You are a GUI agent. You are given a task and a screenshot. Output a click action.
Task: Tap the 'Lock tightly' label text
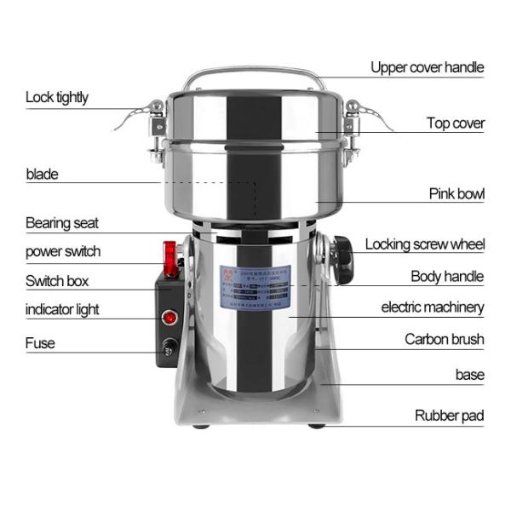56,97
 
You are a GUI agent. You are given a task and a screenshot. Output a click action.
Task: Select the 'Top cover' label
456,123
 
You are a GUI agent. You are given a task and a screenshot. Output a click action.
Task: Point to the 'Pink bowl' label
456,194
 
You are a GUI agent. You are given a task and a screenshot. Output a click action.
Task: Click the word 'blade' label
42,174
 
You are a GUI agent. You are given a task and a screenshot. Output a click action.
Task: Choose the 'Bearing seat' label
61,223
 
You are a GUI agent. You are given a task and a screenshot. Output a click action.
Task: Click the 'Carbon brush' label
444,339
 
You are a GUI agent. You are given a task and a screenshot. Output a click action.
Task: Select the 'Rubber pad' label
449,416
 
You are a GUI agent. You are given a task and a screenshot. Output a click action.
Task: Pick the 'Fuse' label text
40,343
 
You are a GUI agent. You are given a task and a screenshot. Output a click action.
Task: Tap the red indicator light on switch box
169,318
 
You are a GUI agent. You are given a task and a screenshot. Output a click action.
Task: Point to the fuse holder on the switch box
168,348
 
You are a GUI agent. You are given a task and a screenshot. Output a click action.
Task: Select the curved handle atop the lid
255,75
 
